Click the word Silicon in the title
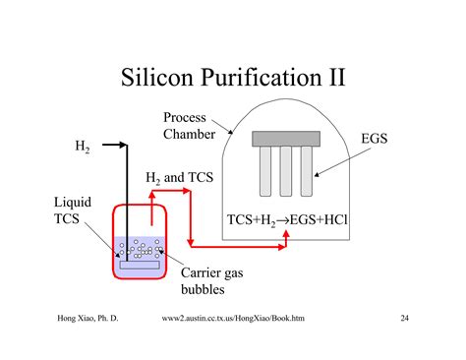pyautogui.click(x=157, y=78)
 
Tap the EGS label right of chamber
pyautogui.click(x=375, y=139)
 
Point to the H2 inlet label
pyautogui.click(x=84, y=148)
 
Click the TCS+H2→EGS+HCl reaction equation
pyautogui.click(x=287, y=218)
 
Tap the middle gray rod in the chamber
pyautogui.click(x=285, y=169)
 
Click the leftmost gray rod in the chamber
pyautogui.click(x=264, y=169)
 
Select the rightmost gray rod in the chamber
pyautogui.click(x=306, y=169)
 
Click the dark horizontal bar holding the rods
pyautogui.click(x=285, y=139)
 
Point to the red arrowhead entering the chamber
pyautogui.click(x=282, y=245)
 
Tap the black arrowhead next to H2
pyautogui.click(x=124, y=147)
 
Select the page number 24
pyautogui.click(x=405, y=319)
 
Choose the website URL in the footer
pyautogui.click(x=239, y=319)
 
